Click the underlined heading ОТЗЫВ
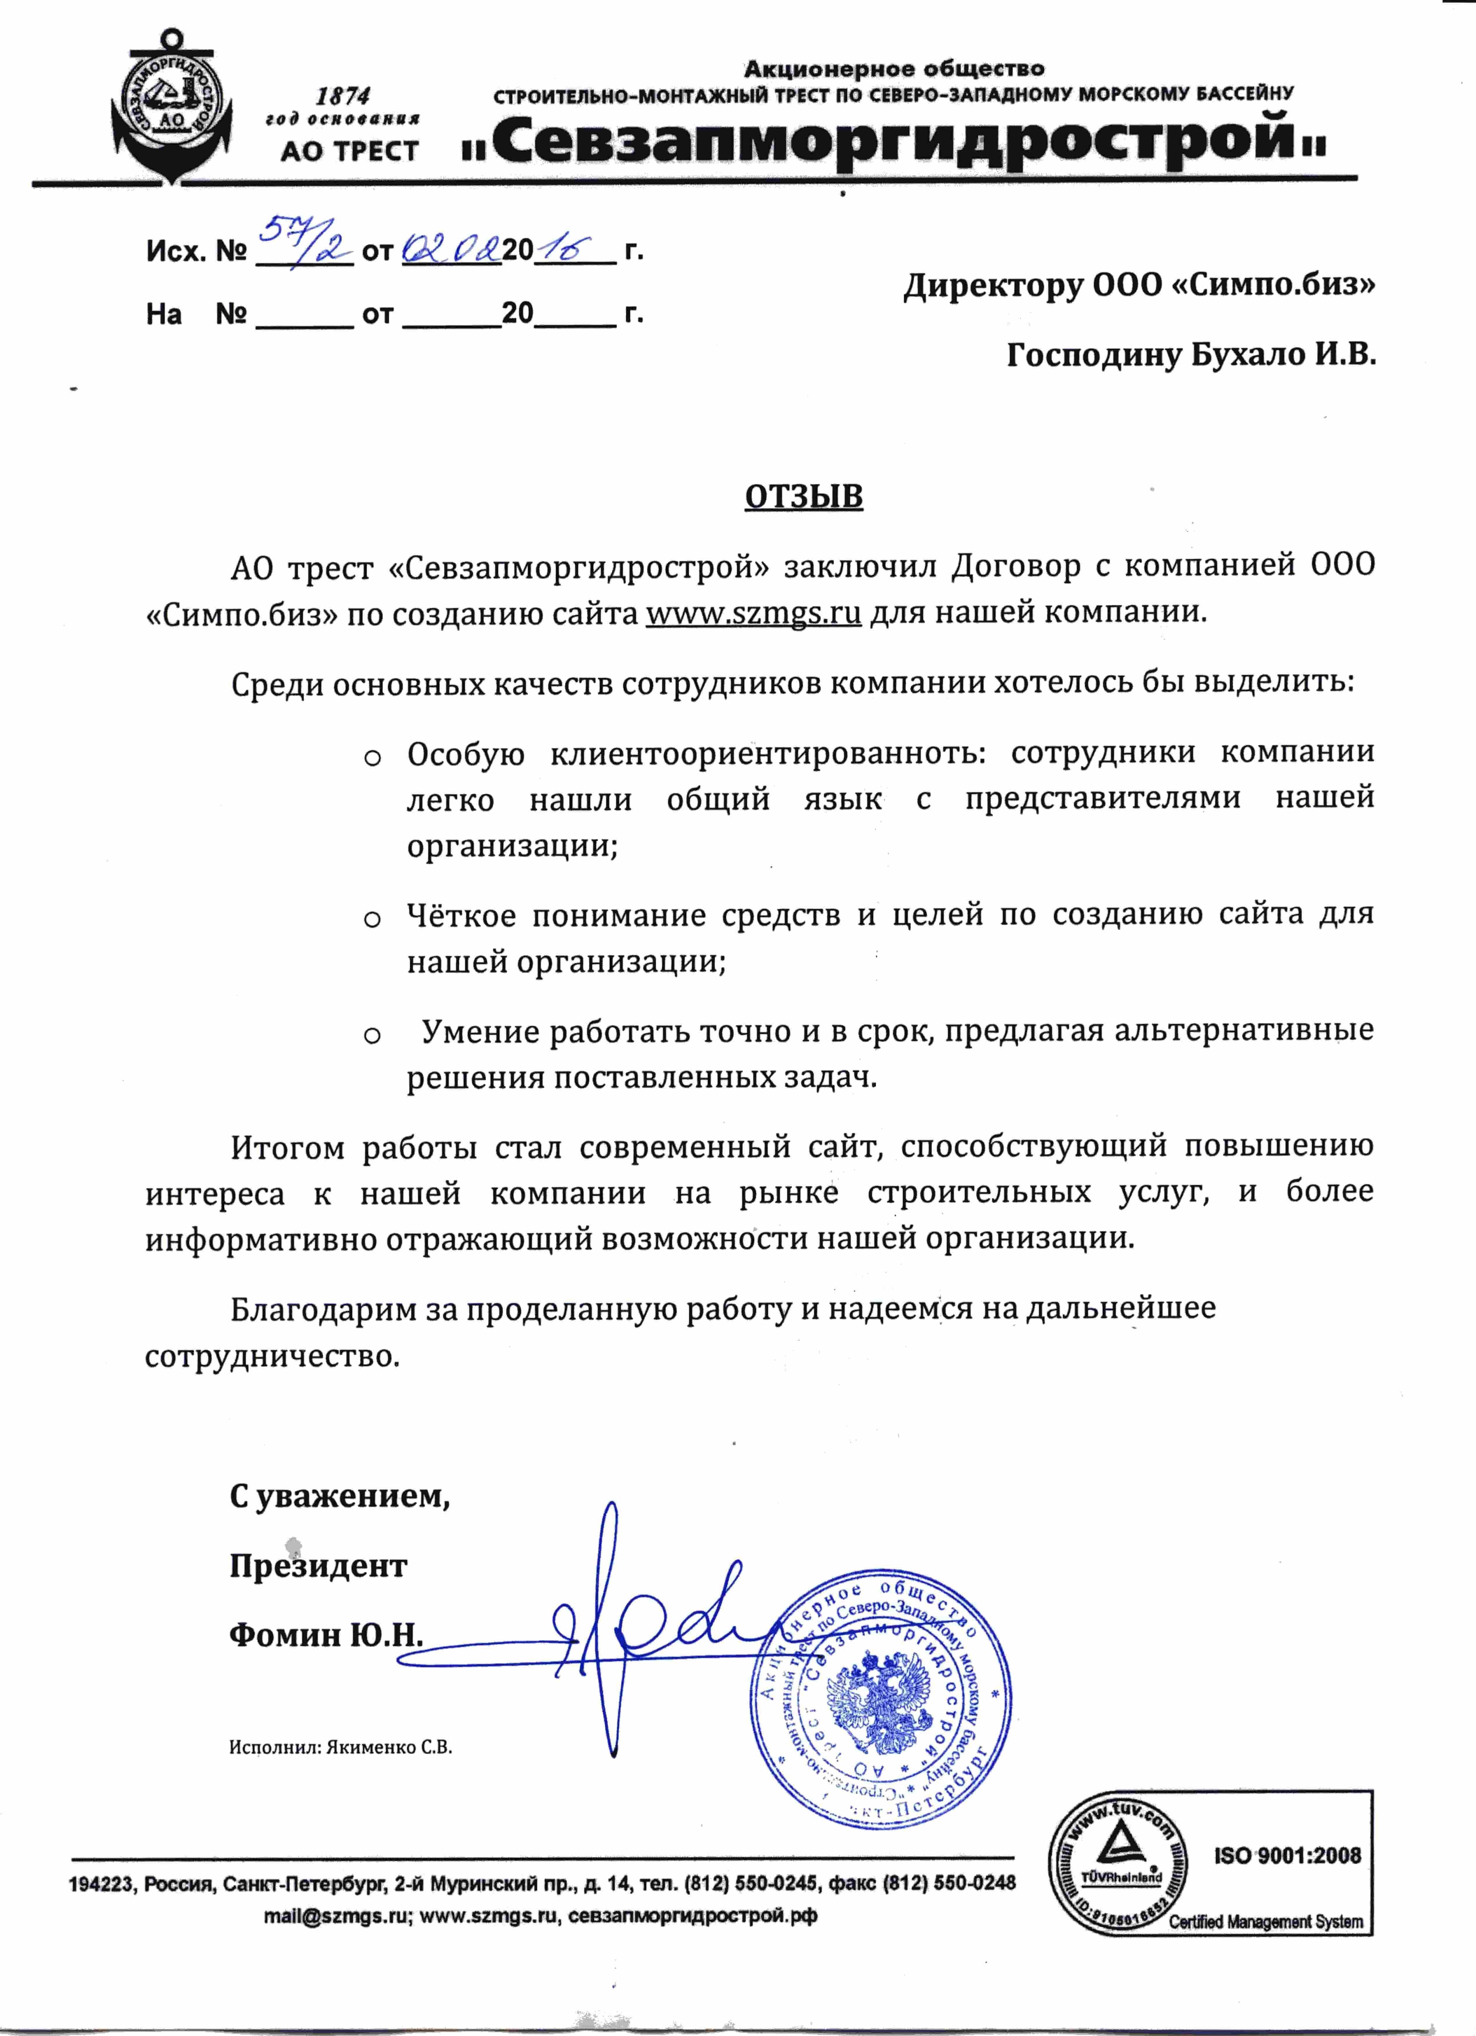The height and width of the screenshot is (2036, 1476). click(804, 496)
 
